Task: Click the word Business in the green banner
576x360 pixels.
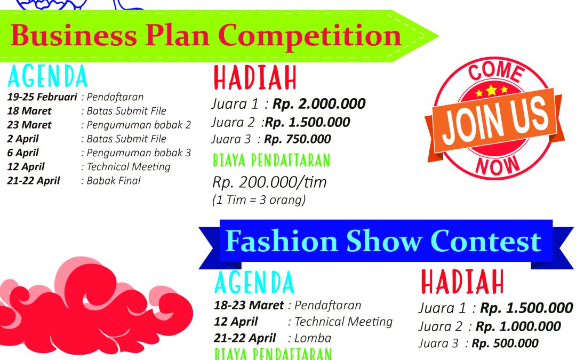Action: coord(74,35)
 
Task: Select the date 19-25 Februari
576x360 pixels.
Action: coord(42,97)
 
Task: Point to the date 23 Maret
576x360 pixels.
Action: coord(29,125)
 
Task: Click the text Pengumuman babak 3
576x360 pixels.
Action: coord(139,153)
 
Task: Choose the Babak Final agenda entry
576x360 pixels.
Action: coord(114,181)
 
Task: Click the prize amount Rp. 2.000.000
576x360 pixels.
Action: coord(319,104)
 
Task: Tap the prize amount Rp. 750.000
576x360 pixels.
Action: coord(297,139)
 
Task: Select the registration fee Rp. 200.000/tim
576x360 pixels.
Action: coord(269,182)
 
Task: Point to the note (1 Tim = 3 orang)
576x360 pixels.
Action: coord(259,200)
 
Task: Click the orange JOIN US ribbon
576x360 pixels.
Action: coord(495,121)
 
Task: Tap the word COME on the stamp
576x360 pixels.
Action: coord(496,71)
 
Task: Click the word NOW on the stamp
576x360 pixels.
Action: coord(498,165)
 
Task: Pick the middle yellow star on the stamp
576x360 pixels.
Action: coord(491,90)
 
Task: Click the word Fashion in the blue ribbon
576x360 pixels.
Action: coord(282,241)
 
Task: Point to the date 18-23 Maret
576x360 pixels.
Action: coord(249,305)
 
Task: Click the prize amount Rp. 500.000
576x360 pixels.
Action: coord(505,343)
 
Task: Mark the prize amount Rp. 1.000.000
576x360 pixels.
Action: coord(518,326)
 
